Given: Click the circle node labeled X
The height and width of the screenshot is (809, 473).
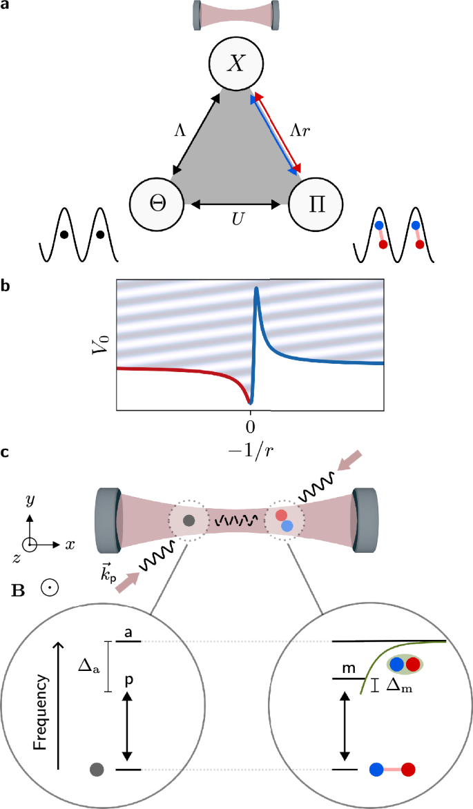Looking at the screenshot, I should coord(237,64).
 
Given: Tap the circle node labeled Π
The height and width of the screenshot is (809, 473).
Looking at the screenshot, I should coord(316,205).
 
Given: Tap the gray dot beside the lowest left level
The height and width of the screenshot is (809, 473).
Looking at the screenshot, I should coord(97,769).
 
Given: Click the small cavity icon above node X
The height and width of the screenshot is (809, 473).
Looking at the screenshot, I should coord(237,14).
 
